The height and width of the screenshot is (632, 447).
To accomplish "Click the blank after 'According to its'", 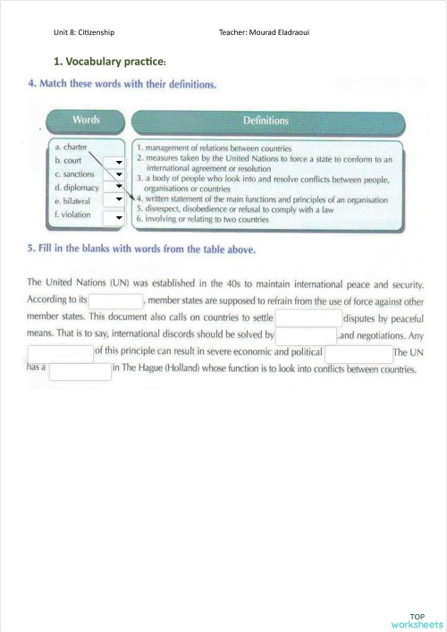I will (x=116, y=301).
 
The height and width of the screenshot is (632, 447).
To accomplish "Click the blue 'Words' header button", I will (x=86, y=120).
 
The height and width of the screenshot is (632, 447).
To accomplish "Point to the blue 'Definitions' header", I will (x=266, y=120).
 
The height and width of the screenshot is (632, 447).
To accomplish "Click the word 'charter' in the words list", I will (x=74, y=147).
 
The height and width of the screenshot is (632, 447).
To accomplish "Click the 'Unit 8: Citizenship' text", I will (x=84, y=33).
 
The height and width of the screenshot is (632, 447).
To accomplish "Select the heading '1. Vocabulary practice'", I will (x=111, y=61).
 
